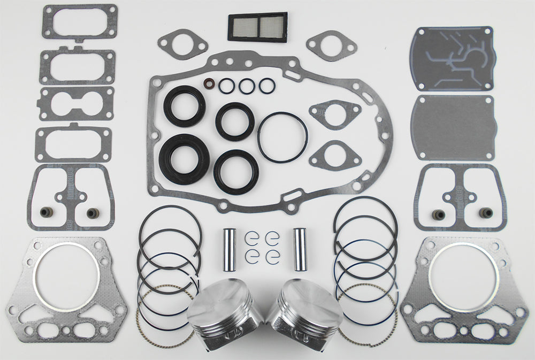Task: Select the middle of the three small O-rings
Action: click(x=246, y=86)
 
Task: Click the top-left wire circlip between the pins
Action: click(x=252, y=236)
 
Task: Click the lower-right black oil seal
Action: click(x=236, y=172)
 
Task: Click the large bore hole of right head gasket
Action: click(x=463, y=272)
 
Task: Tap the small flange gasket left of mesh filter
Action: click(x=182, y=43)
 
